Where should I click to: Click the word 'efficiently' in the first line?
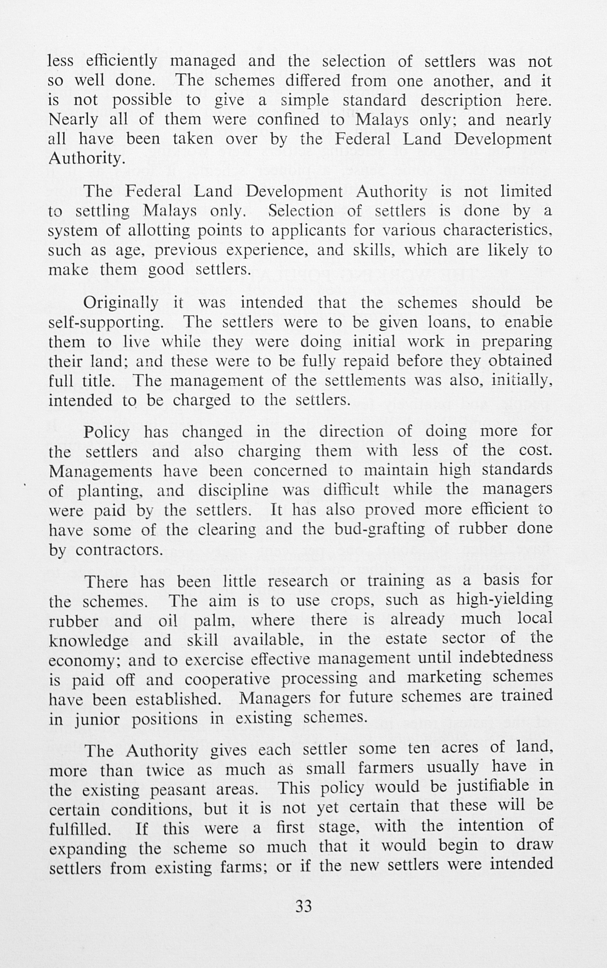coord(121,62)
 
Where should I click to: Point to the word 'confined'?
coord(288,119)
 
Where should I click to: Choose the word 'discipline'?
coord(233,490)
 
